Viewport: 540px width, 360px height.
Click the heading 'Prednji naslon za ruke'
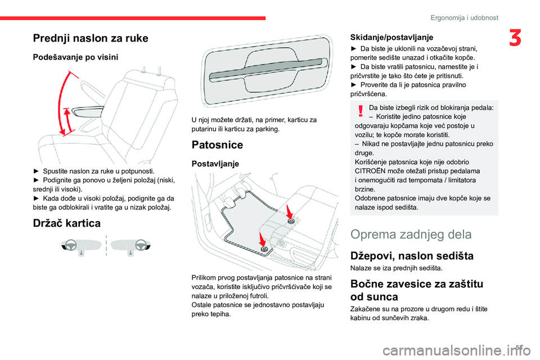(90, 38)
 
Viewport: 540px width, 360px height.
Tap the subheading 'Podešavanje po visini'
(75, 58)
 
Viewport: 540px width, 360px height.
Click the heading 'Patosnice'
(217, 145)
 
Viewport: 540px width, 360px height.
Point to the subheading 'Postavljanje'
(215, 164)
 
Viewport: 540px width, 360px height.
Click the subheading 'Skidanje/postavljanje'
(391, 37)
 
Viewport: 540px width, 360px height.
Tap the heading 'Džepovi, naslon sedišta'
(412, 256)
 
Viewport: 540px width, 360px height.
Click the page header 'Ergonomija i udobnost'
(464, 17)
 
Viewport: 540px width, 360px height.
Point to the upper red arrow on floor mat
(287, 213)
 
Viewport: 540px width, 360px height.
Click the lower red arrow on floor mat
(262, 238)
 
